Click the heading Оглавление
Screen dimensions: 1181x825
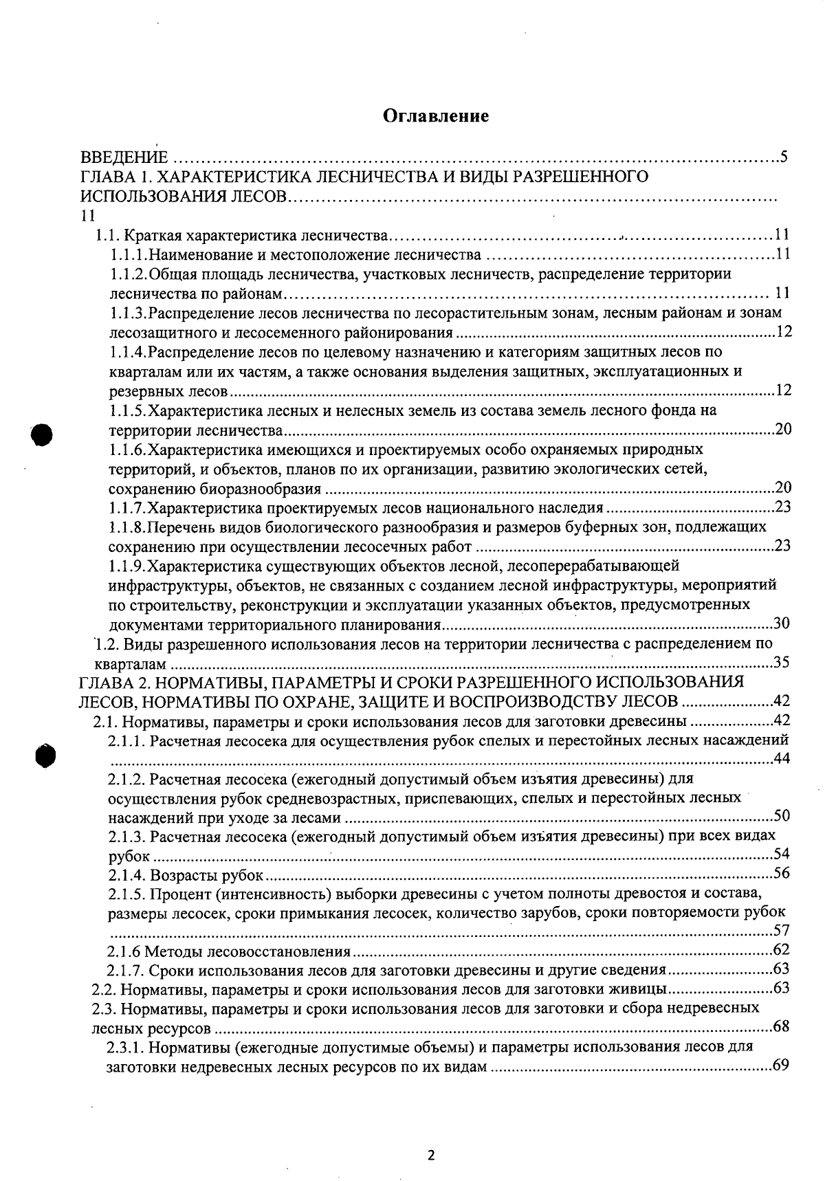(x=436, y=115)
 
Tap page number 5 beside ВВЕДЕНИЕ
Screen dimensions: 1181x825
(x=783, y=156)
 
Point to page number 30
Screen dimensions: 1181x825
(x=782, y=623)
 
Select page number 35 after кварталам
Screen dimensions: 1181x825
(x=782, y=663)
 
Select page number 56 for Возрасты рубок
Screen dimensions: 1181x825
(x=782, y=874)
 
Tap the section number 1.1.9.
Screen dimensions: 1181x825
(x=129, y=566)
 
